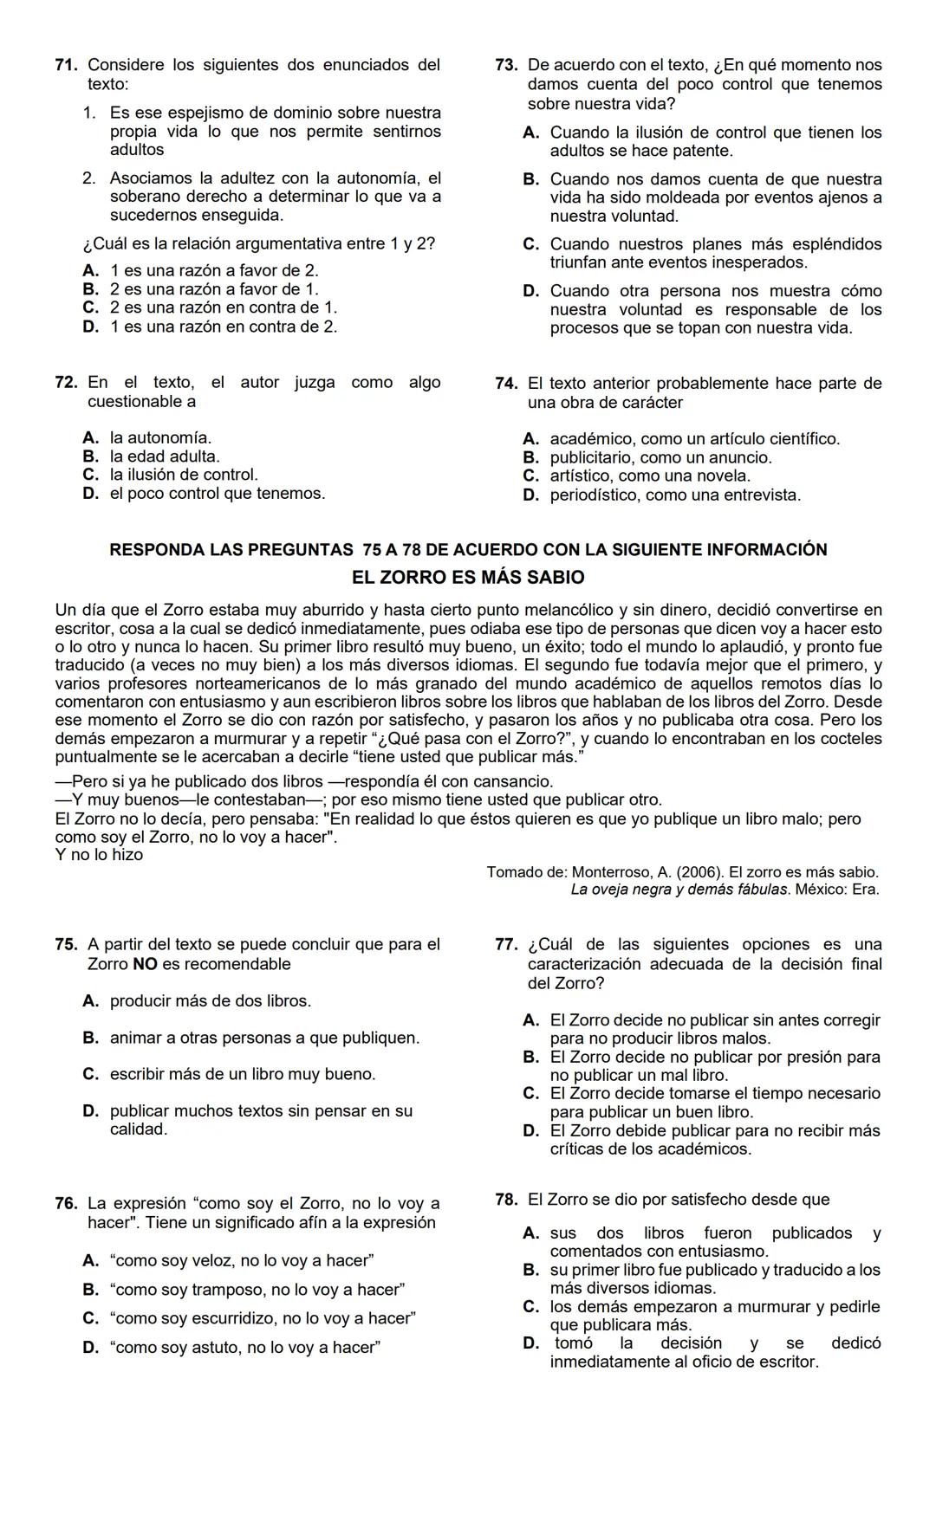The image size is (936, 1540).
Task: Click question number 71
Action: tap(66, 65)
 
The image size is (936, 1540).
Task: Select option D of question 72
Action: tap(217, 494)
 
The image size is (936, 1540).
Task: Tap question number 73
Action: tap(506, 65)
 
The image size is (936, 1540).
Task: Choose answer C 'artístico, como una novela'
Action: tap(649, 476)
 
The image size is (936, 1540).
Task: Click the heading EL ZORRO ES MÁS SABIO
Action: tap(468, 578)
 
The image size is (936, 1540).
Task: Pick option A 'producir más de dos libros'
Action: tap(209, 1001)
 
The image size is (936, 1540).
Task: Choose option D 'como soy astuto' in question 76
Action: tap(246, 1348)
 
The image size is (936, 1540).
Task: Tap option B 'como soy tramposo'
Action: tap(257, 1290)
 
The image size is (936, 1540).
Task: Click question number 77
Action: tap(506, 945)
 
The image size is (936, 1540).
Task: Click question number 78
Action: tap(506, 1200)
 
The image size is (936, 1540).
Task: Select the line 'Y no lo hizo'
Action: tap(99, 855)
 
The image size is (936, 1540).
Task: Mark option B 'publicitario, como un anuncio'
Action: tap(660, 457)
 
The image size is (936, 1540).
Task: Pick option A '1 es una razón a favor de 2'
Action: tap(213, 271)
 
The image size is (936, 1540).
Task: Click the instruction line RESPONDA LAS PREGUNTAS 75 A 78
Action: tap(468, 550)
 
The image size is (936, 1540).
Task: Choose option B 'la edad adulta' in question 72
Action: tap(164, 456)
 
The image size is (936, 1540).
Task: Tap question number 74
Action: tap(506, 384)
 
